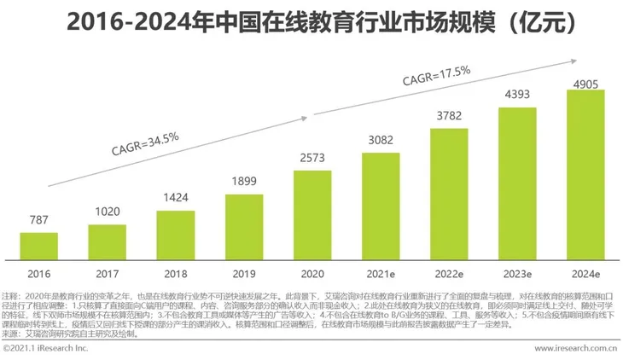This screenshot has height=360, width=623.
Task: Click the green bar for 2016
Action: click(x=38, y=246)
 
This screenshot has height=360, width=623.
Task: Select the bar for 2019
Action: click(x=244, y=226)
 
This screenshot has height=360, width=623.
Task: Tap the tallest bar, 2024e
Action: click(x=586, y=174)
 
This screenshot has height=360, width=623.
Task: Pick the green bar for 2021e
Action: click(x=381, y=206)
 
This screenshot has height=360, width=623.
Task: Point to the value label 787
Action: click(x=38, y=221)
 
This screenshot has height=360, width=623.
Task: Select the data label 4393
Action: click(x=518, y=96)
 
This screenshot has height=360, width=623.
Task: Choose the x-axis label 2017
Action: click(x=108, y=273)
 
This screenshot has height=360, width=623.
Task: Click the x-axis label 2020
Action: click(x=312, y=273)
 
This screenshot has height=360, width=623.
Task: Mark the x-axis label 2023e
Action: click(x=518, y=273)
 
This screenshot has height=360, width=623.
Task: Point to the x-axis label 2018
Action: click(x=176, y=273)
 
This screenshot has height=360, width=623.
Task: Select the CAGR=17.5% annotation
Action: click(x=437, y=75)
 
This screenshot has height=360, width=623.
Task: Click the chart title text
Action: click(x=311, y=20)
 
